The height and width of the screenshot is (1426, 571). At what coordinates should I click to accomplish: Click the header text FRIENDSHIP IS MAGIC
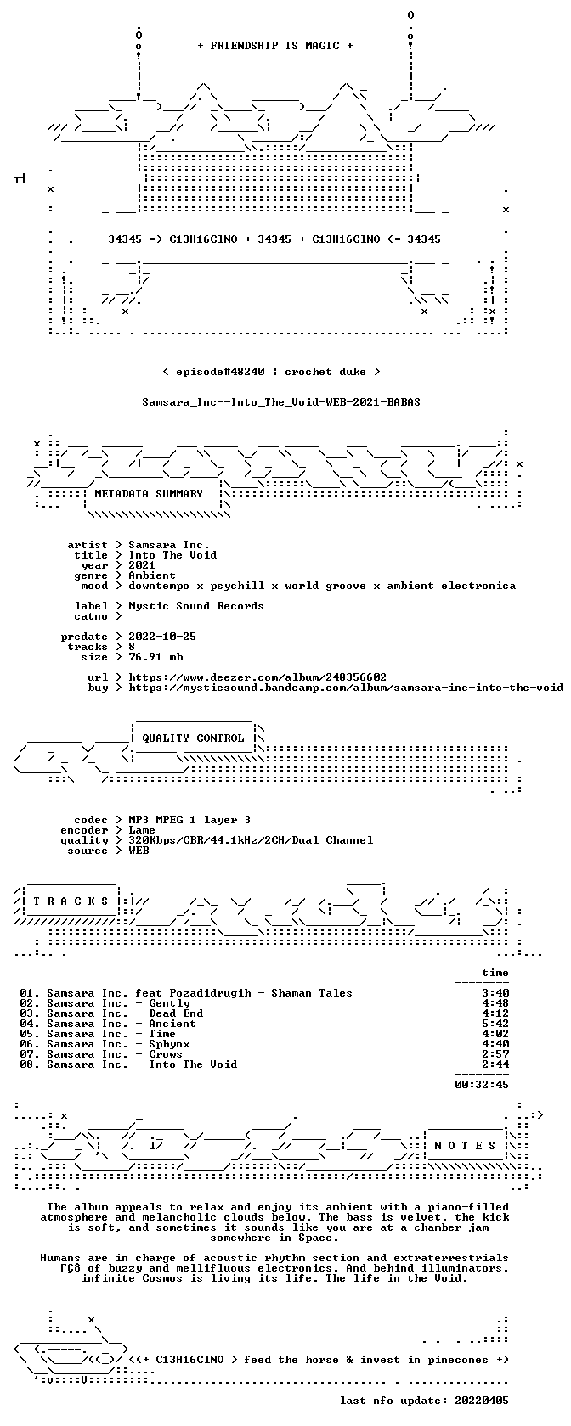275,46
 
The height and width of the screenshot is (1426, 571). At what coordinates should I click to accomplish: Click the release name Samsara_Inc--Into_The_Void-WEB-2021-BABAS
281,402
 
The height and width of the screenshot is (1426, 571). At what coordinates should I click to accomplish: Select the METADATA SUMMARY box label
149,494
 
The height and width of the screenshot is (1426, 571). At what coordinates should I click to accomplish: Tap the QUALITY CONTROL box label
193,738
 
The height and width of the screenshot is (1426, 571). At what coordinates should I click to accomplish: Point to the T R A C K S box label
71,901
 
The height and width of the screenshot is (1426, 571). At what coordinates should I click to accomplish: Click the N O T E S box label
465,1146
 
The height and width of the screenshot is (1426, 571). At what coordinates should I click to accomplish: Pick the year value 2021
141,565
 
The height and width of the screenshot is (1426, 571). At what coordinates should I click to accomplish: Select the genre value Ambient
151,575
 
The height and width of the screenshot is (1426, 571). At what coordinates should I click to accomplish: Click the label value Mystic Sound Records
196,606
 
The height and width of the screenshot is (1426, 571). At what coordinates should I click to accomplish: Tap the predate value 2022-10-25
162,637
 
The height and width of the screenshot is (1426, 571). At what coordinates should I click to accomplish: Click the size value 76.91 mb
155,657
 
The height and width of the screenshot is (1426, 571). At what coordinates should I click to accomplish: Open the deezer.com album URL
257,677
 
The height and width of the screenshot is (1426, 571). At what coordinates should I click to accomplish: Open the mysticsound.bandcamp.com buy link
346,688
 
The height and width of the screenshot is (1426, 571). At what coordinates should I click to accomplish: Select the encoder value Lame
141,830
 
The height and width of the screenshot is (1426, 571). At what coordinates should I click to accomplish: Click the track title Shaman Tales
312,993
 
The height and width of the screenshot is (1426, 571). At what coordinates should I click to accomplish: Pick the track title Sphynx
169,1044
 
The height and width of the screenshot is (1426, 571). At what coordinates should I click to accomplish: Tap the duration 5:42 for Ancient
495,1024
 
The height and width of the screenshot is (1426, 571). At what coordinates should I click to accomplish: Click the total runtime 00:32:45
482,1085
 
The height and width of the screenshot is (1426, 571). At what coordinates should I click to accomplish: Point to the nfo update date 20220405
482,1401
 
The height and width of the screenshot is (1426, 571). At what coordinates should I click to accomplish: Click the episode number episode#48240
220,372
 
